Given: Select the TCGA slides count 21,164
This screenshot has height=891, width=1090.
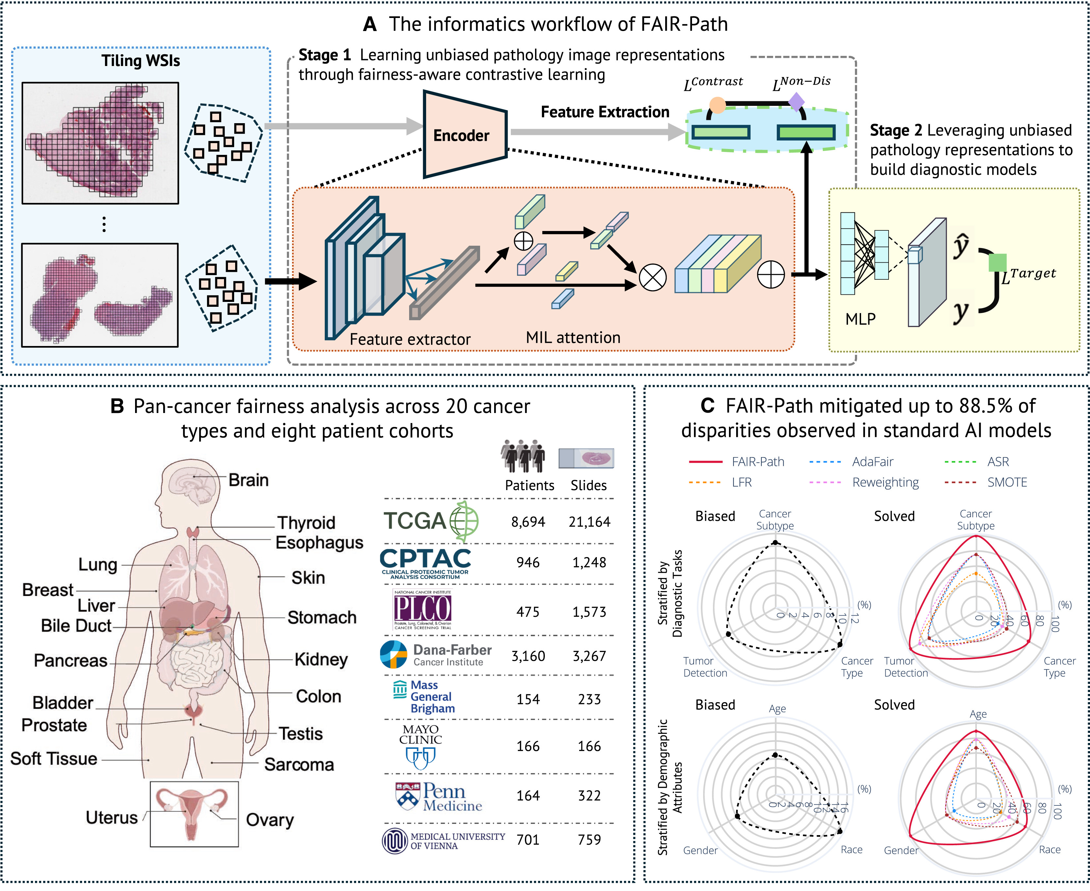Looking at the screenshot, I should [x=589, y=522].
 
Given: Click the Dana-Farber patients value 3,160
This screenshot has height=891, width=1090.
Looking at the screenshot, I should [x=528, y=656].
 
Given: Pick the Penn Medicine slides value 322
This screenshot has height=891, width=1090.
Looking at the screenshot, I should [x=589, y=796].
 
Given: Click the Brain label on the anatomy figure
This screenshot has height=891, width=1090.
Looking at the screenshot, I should [x=249, y=480].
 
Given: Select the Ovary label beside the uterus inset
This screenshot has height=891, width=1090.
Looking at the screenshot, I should [x=270, y=820].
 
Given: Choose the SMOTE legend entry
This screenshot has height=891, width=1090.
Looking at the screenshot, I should [x=1007, y=483].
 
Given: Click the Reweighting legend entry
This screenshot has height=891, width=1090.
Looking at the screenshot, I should [x=885, y=483].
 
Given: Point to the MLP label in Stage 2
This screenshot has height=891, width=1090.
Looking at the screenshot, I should [x=860, y=319].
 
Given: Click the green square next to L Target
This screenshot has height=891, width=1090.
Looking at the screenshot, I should [x=997, y=262].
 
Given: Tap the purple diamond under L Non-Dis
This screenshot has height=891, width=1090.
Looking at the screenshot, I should [x=796, y=102].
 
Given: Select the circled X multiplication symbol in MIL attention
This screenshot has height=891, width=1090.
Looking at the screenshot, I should [x=652, y=278].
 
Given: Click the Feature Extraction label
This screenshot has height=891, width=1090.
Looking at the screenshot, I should [x=605, y=112].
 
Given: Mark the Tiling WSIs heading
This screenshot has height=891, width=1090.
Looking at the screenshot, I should [x=141, y=60].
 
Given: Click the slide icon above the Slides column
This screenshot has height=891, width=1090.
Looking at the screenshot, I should [x=586, y=458].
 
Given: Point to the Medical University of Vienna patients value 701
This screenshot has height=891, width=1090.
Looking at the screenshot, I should [x=528, y=840].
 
